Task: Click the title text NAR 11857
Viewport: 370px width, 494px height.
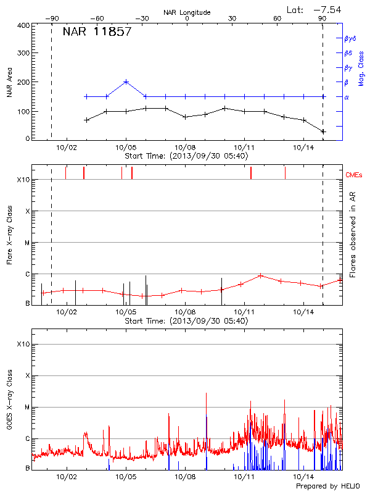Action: pos(97,31)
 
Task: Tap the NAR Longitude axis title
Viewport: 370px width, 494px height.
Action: pos(187,12)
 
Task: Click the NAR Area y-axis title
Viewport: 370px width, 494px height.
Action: pos(10,82)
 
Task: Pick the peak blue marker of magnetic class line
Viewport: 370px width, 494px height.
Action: pos(126,82)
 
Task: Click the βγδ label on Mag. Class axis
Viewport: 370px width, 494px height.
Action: pos(350,38)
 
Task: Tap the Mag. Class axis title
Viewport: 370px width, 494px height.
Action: pos(361,68)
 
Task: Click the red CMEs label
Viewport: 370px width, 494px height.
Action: pos(355,175)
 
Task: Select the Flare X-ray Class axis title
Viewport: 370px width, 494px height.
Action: pos(10,237)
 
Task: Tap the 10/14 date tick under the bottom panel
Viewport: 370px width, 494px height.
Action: pos(303,477)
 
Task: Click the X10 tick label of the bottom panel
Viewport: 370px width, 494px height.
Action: pos(23,344)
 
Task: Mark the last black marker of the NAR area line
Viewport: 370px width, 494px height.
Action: pos(323,132)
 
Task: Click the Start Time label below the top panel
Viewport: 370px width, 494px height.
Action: pos(186,156)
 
